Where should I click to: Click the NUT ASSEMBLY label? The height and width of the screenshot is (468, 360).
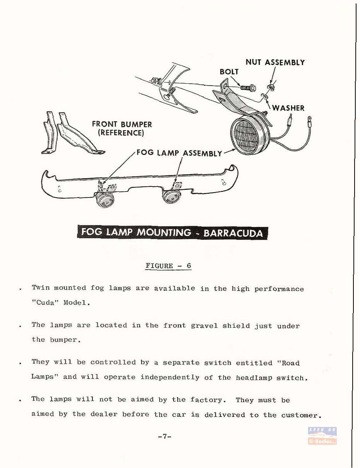275,62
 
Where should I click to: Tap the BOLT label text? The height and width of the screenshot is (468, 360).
229,72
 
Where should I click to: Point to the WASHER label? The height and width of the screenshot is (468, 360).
288,108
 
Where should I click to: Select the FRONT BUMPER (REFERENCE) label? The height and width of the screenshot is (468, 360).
122,128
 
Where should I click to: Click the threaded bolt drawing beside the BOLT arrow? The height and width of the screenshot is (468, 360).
248,88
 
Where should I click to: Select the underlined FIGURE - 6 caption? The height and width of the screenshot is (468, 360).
168,266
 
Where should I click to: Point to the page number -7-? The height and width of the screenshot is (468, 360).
165,436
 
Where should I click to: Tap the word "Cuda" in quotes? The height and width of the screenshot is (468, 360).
45,303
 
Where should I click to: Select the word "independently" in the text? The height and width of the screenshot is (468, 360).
170,378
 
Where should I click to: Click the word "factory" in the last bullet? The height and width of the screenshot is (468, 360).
206,400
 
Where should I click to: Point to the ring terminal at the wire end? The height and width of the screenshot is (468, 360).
309,118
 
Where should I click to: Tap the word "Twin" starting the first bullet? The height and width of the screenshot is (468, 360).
41,287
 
